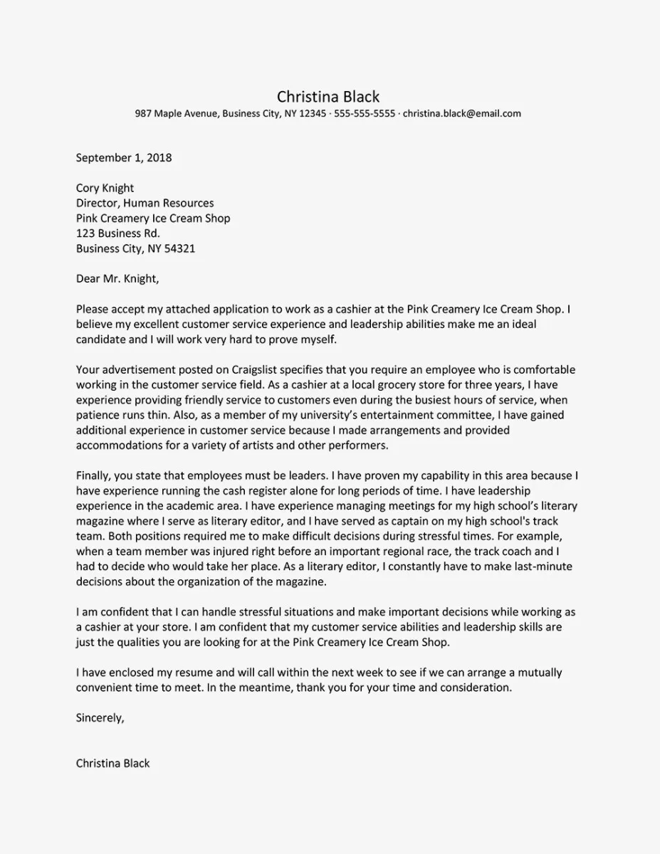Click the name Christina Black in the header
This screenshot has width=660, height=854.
pos(328,97)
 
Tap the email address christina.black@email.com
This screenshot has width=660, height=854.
pos(462,113)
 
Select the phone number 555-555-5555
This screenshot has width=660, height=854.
pos(364,113)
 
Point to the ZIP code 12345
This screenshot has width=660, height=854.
pos(313,113)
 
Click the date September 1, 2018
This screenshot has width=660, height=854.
pos(124,157)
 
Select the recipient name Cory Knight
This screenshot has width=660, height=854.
pos(105,188)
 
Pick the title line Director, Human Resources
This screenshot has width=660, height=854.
pos(145,204)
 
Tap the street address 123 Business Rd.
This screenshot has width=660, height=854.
pos(117,233)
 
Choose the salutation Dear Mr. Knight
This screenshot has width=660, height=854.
pos(117,279)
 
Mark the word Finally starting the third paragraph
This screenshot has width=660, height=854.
pos(95,476)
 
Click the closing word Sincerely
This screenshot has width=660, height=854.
pos(100,718)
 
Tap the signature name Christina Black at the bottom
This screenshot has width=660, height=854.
pos(112,764)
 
